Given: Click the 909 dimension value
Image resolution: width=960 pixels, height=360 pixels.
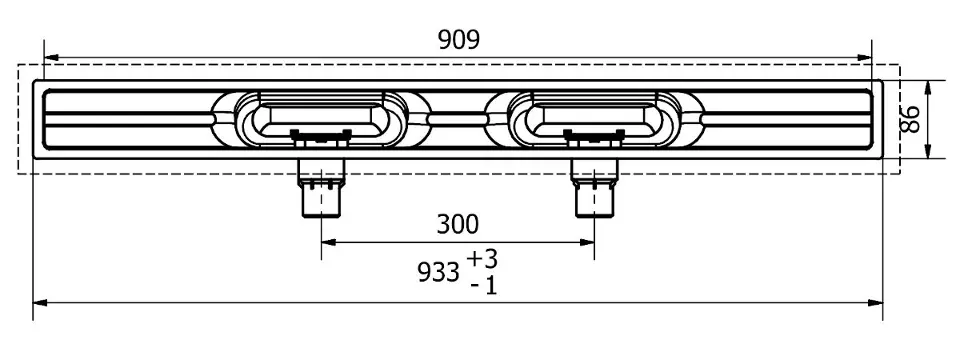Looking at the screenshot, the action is tap(459, 40).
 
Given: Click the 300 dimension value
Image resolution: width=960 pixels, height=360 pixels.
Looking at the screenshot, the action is tap(457, 225).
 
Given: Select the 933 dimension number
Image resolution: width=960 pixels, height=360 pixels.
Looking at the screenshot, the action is tap(438, 272).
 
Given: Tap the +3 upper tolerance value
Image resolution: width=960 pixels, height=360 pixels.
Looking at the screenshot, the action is tap(482, 259).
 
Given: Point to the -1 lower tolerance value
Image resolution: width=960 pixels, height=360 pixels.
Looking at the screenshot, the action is tap(484, 286).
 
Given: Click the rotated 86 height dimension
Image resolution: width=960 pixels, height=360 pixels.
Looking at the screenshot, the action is tap(910, 119).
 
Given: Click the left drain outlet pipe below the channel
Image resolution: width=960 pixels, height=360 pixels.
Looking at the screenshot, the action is tap(321, 188).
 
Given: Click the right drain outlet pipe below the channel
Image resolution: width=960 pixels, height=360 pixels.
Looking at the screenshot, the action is tap(594, 188).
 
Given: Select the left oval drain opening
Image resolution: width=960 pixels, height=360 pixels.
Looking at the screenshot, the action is tap(320, 119).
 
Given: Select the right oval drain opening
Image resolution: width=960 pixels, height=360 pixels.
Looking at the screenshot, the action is tap(593, 119).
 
